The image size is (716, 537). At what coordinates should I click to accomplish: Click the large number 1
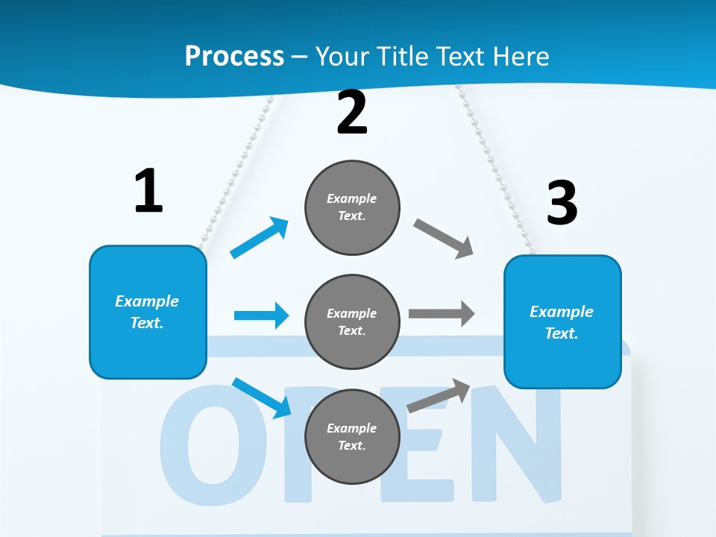pos(148,191)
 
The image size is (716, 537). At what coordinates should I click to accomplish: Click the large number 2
pos(352,113)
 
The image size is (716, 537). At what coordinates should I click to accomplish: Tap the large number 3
pos(562,203)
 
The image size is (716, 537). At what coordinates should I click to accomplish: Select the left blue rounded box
pos(148,312)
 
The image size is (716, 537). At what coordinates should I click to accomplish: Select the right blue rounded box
pos(562,321)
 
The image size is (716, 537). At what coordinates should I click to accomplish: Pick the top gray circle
pos(352,207)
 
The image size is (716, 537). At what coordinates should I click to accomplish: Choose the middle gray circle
pos(352,321)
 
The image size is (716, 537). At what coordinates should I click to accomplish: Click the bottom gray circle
pos(352,436)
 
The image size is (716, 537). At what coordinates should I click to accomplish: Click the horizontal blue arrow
pos(261,315)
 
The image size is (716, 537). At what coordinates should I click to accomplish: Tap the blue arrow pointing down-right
pos(262,398)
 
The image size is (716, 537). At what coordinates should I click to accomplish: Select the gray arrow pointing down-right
pos(443,239)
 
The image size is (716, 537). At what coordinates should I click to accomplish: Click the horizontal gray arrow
pos(442,313)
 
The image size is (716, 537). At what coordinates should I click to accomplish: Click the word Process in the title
pos(234,56)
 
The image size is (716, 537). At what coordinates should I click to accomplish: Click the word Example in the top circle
pos(351,198)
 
